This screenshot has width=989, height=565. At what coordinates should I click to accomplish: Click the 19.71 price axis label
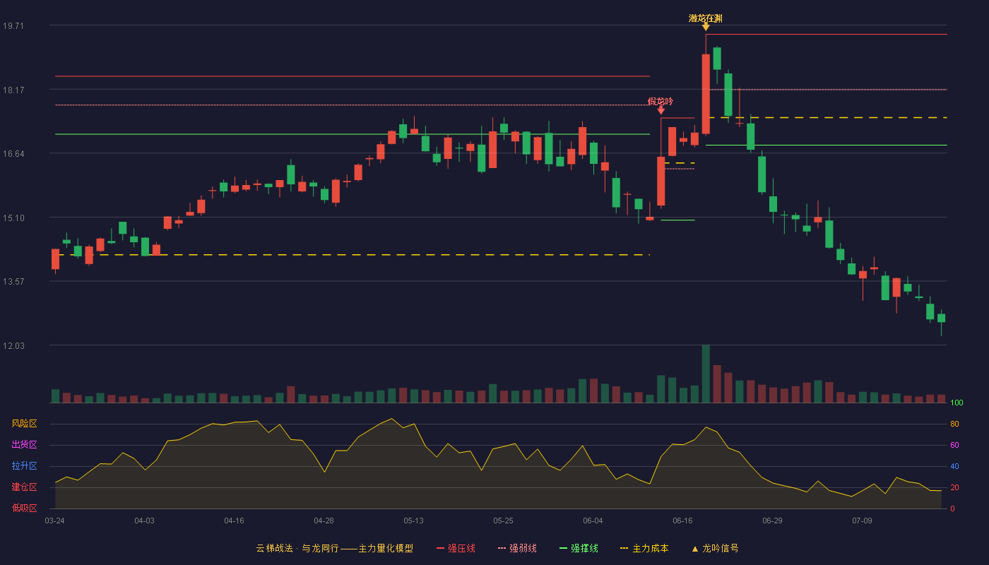13,25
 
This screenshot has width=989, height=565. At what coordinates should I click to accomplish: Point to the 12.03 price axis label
13,345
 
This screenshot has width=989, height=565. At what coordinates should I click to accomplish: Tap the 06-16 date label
682,521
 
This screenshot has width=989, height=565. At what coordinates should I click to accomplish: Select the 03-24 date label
55,521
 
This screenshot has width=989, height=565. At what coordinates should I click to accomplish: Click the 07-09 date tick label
863,521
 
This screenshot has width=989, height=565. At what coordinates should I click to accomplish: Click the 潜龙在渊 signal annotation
706,18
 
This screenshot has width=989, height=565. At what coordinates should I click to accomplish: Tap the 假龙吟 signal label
661,102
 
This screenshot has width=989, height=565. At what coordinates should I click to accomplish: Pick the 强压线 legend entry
456,548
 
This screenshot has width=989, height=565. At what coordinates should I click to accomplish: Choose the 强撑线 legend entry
579,548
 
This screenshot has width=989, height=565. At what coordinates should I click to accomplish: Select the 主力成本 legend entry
644,548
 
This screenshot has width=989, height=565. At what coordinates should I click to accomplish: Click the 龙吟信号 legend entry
715,548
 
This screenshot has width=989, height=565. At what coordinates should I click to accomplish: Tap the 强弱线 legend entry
517,548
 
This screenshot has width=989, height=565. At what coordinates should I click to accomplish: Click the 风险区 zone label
24,424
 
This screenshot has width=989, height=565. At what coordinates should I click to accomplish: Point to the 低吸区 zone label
24,509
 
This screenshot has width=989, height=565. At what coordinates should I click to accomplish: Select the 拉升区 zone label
24,466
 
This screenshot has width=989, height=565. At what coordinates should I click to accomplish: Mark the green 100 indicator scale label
957,403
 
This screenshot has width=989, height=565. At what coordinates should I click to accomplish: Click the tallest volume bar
706,374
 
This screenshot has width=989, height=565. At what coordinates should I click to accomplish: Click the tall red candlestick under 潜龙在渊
706,94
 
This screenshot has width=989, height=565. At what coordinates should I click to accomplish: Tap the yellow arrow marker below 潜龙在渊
706,28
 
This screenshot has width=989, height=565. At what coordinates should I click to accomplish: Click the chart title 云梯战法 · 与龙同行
297,548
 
